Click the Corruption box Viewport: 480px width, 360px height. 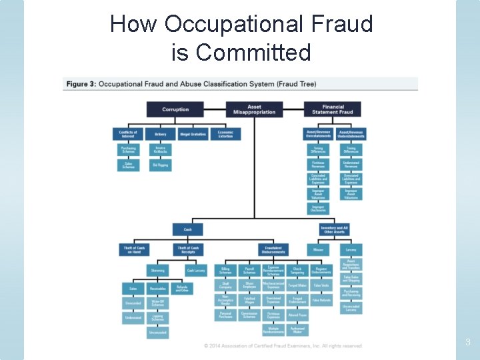pos(175,109)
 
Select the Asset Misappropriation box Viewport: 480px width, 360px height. pos(254,109)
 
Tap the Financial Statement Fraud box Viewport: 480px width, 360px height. pos(333,109)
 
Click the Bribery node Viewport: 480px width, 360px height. pos(160,134)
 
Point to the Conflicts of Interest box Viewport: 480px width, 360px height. pos(128,134)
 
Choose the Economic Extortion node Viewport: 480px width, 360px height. pos(225,134)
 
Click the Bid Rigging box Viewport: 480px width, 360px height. pos(160,165)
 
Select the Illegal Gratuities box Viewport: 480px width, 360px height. pos(193,134)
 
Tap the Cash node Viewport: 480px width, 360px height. pos(188,229)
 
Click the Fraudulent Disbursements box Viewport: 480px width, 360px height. pos(273,249)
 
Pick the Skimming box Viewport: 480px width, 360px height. pos(157,270)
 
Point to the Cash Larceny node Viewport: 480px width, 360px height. pos(195,270)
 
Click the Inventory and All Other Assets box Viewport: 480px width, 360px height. pos(334,229)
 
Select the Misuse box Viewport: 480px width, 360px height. pos(318,249)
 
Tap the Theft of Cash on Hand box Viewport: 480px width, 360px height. pos(134,249)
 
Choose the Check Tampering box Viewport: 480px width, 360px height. pos(297,270)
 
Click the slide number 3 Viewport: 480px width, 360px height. pos(467,342)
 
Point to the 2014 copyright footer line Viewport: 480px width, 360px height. pos(283,346)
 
